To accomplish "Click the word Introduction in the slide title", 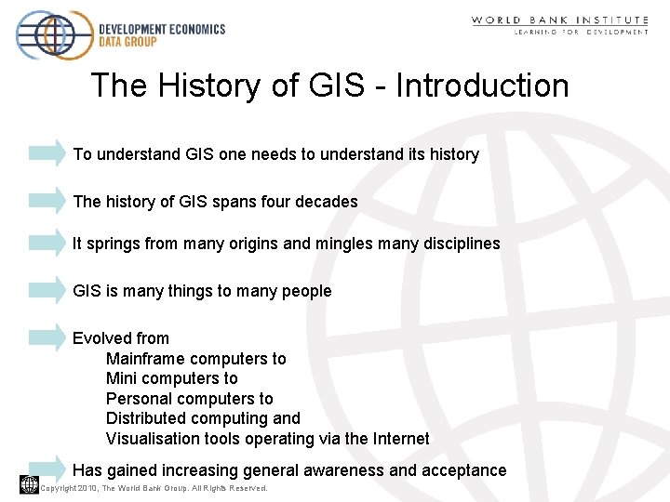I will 482,86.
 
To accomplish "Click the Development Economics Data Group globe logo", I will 53,35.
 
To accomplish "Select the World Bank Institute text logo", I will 559,24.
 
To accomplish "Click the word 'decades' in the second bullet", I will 327,202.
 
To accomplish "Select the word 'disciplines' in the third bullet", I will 457,244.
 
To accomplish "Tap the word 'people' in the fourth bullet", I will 306,292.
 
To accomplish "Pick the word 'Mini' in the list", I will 121,378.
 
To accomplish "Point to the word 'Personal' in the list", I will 137,399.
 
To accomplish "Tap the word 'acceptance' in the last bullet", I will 463,470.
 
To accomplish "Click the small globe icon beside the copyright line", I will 29,483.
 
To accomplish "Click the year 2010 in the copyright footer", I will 88,488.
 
